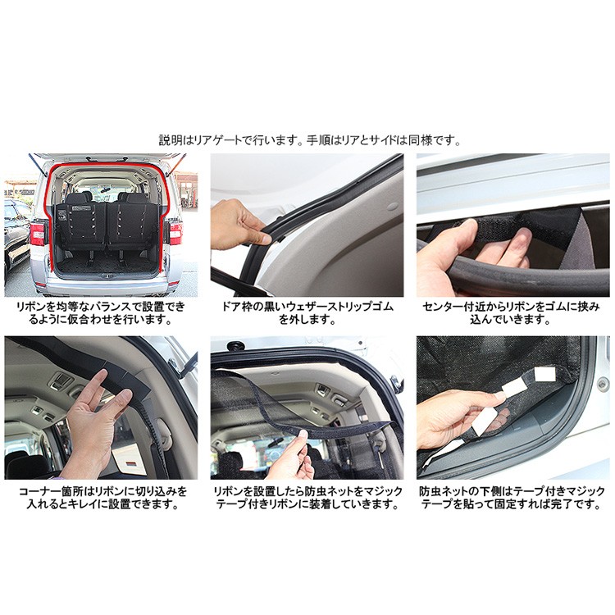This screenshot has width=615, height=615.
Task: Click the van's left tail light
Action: [38, 232]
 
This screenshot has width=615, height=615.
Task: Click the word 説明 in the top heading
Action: [169, 140]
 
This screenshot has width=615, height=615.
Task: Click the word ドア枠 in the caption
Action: [245, 307]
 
